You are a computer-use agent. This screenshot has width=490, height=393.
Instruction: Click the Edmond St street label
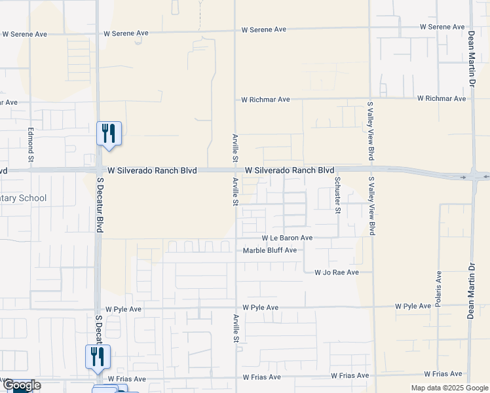pos(30,145)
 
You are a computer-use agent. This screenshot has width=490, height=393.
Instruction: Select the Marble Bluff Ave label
pos(270,250)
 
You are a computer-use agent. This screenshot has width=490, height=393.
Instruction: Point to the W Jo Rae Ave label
pos(337,272)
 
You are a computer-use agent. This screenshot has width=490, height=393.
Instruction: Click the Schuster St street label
pos(338,195)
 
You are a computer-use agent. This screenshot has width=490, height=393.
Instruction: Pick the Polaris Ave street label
pos(438,289)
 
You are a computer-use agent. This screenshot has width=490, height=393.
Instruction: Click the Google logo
pos(21,385)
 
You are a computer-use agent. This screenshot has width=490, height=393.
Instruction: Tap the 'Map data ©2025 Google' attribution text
pos(449,388)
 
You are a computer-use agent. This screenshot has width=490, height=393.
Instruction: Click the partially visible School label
pos(24,198)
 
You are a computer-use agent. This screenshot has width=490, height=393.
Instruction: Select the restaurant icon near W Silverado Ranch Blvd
pos(107,133)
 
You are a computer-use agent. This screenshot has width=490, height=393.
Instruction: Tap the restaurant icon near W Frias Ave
pos(98,356)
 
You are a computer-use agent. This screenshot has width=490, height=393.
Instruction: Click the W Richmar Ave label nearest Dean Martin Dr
pos(442,98)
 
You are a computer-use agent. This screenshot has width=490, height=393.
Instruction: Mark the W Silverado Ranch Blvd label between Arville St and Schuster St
pos(290,170)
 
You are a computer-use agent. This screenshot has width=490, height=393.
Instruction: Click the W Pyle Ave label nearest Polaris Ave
pos(413,307)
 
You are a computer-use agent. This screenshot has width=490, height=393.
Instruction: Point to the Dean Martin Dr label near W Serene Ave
pos(470,60)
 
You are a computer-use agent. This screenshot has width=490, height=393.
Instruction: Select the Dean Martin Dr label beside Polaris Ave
pos(470,291)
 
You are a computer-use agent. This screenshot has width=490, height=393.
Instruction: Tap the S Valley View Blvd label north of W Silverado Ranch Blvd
pos(371,131)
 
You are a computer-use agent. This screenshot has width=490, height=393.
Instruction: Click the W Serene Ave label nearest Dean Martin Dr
pos(442,27)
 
